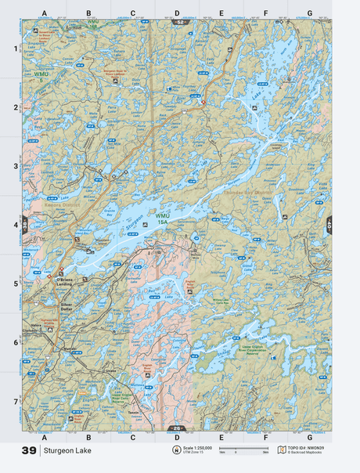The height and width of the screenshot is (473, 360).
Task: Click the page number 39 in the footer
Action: coord(29,451)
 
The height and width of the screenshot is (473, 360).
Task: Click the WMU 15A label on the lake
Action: coord(162,219)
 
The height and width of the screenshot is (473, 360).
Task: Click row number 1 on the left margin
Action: coord(14,49)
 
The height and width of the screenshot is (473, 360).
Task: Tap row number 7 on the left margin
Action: coord(14,401)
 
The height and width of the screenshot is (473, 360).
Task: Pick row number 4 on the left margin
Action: coord(14,226)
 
